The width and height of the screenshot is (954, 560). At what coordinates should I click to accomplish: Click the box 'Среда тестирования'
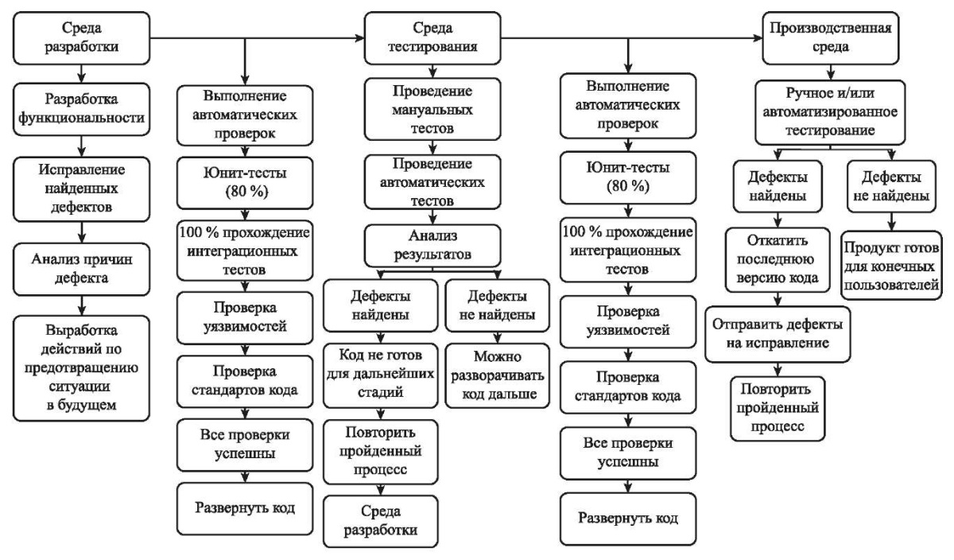coord(432,38)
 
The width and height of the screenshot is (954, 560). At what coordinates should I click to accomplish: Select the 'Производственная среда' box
coord(831,38)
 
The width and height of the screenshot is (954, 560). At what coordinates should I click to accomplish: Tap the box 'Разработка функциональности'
coord(81,110)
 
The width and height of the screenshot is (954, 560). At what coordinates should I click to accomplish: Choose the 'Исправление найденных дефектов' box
coord(81,189)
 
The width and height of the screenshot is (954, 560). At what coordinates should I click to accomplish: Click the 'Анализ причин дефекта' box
coord(81,270)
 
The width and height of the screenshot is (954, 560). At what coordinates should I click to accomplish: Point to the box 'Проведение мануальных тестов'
coord(432,109)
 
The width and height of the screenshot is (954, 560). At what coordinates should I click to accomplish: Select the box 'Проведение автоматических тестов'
coord(432,182)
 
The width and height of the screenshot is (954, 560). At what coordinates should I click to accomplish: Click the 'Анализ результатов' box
coord(432,246)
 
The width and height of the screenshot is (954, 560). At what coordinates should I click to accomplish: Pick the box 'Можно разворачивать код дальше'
coord(498,375)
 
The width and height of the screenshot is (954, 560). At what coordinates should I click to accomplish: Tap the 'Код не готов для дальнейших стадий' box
coord(380,375)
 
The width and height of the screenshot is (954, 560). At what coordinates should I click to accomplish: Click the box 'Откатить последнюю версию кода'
coord(778,259)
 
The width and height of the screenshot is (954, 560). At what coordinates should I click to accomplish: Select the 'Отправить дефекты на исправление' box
coord(778,334)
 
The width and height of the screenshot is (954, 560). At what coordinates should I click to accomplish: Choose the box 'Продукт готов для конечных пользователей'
coord(891,266)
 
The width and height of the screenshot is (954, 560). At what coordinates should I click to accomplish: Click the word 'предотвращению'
coord(81,367)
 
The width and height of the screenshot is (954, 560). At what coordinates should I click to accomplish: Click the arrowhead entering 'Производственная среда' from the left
coord(758,38)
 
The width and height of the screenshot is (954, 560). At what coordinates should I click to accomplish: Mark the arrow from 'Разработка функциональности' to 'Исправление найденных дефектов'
coord(81,146)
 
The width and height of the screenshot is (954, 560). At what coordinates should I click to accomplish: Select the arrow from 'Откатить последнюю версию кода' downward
coord(778,299)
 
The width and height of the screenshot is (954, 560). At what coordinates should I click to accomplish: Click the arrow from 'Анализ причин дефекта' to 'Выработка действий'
coord(81,305)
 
